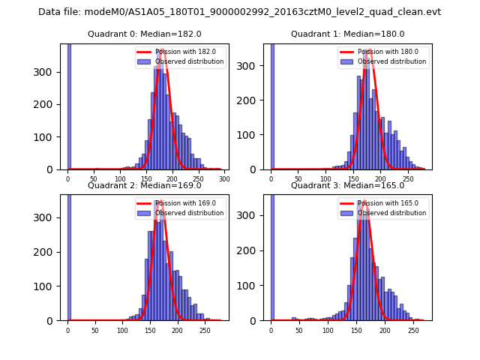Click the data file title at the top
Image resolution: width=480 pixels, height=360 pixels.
click(x=239, y=12)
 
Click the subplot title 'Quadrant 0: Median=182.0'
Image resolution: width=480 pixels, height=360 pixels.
click(x=145, y=34)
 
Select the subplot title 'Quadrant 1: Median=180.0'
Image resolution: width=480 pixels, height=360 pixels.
click(x=347, y=34)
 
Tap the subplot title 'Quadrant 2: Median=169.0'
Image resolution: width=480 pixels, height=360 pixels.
click(x=145, y=185)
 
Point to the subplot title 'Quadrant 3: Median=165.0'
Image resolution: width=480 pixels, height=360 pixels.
click(x=347, y=185)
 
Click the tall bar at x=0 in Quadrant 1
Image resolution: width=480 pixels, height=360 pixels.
click(x=271, y=105)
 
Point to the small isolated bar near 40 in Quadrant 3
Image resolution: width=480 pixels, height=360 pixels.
click(x=294, y=319)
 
